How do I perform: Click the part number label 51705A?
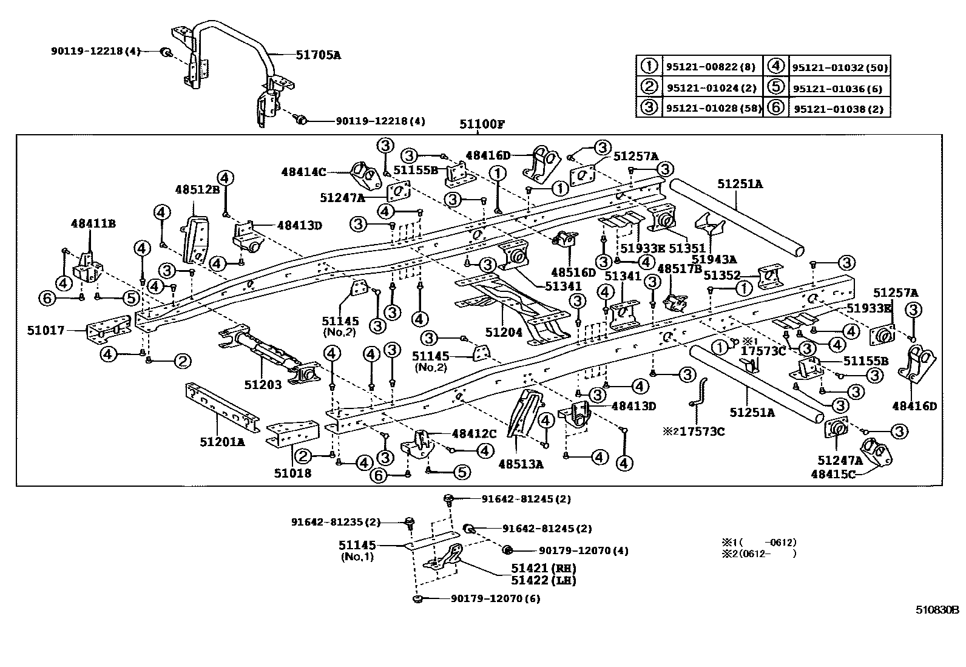tap(318, 55)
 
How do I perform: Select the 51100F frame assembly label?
tap(482, 125)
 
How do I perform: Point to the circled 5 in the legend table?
tap(775, 87)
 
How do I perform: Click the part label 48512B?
tap(198, 189)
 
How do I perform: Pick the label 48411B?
tap(93, 224)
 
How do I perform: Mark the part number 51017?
tap(46, 331)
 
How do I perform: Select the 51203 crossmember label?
tap(263, 384)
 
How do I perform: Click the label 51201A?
tap(222, 442)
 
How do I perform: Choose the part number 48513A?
tap(521, 464)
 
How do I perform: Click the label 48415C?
tap(833, 473)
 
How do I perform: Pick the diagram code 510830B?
tap(937, 610)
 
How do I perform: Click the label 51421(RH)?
tap(543, 569)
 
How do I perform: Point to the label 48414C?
tap(303, 172)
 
